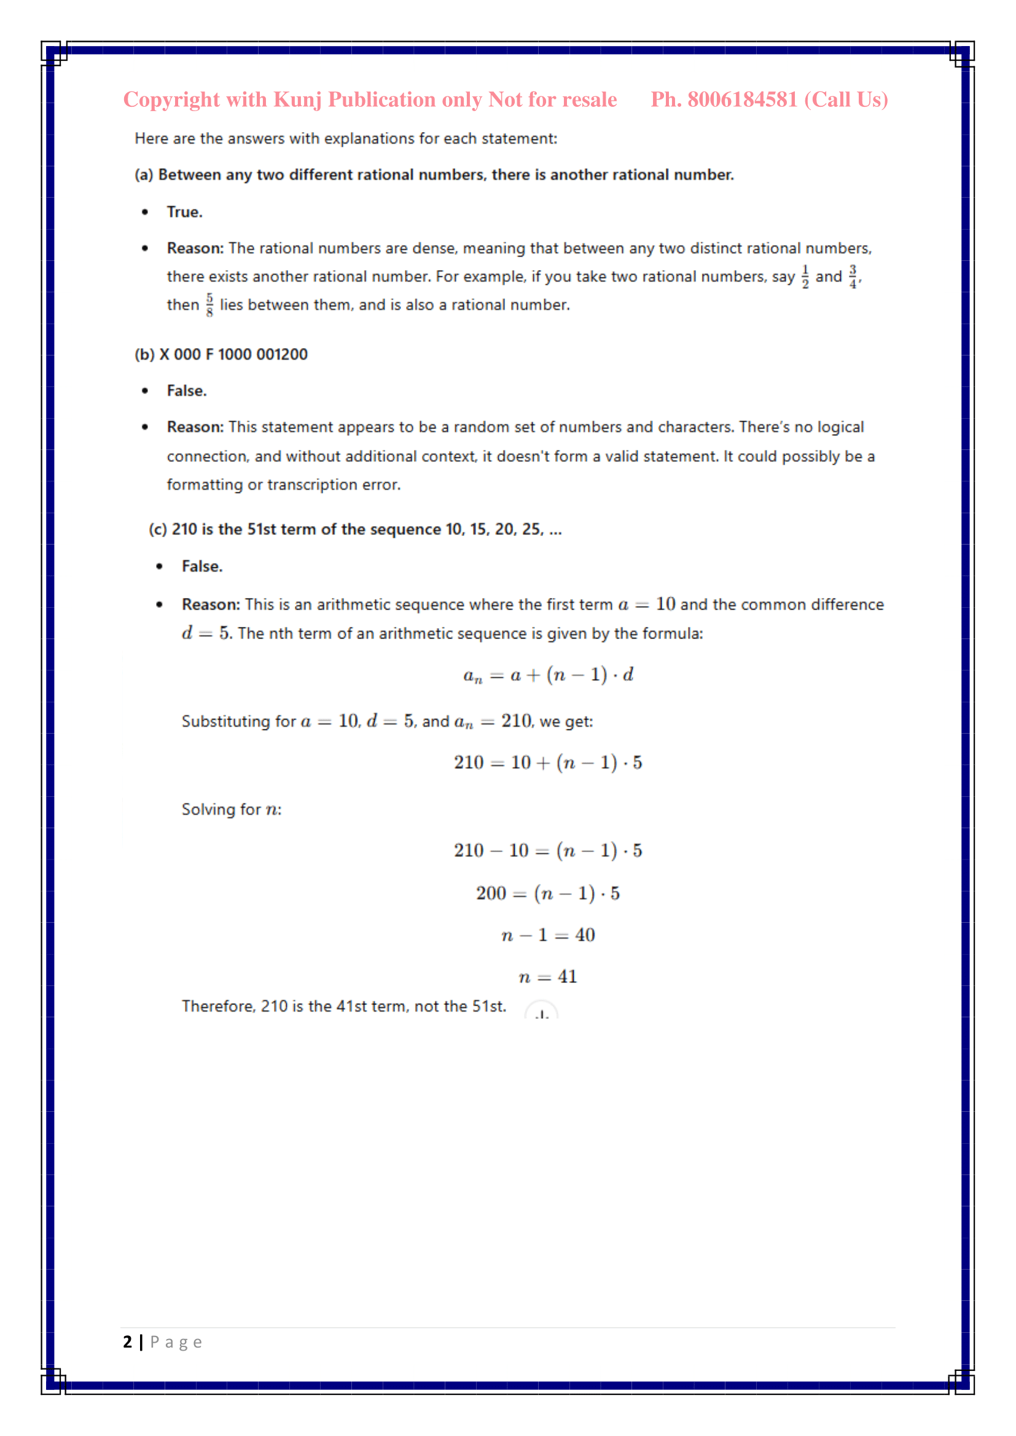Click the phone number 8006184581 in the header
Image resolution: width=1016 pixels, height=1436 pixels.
click(x=742, y=100)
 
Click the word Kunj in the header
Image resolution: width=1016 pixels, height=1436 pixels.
click(x=298, y=100)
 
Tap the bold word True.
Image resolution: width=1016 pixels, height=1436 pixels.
click(x=184, y=212)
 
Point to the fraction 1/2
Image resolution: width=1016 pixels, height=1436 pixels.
click(x=805, y=276)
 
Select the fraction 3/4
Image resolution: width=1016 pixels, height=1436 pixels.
click(x=853, y=276)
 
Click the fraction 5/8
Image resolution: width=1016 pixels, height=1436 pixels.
click(x=209, y=305)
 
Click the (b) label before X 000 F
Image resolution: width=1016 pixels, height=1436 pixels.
click(x=144, y=355)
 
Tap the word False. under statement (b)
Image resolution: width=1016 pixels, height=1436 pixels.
click(x=187, y=391)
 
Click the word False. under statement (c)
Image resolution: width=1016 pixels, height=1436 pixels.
click(x=202, y=567)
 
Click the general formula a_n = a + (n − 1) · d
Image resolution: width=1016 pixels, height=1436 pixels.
click(x=548, y=675)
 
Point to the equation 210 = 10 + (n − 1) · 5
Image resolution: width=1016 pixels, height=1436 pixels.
click(x=548, y=763)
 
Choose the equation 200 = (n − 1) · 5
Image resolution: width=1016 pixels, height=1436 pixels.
click(x=548, y=893)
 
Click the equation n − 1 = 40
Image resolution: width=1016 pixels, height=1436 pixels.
click(x=548, y=935)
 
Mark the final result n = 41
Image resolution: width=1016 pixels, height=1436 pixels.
click(x=548, y=977)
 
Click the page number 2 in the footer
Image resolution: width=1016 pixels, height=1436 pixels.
click(x=128, y=1342)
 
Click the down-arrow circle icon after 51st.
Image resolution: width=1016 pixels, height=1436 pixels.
click(x=542, y=1011)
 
